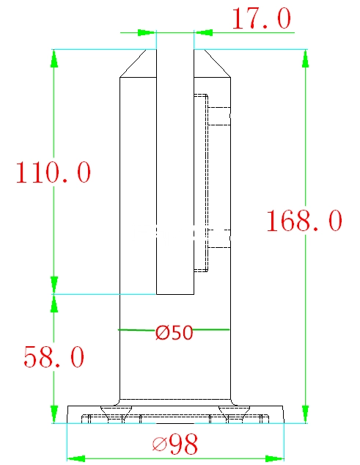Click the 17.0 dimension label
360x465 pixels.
tap(261, 18)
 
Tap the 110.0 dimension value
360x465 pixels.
tap(53, 172)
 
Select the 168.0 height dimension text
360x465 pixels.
tap(304, 220)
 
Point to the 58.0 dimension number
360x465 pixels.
tap(54, 356)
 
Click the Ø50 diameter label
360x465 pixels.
tap(175, 332)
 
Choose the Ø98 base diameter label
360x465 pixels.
tap(175, 444)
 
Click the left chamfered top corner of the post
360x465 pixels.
tap(133, 64)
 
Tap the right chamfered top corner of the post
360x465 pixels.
tap(217, 64)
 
